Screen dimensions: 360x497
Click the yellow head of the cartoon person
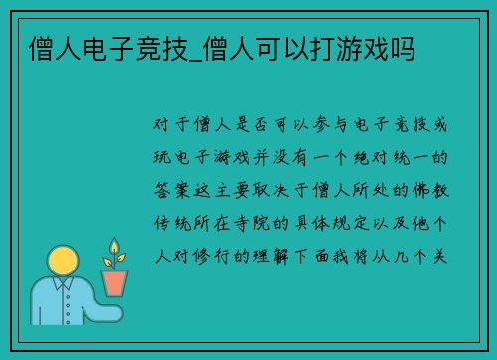click(x=62, y=262)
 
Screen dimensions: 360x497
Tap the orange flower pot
click(x=115, y=281)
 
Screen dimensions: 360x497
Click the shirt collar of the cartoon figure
click(x=62, y=288)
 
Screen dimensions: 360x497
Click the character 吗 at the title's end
click(x=404, y=48)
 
